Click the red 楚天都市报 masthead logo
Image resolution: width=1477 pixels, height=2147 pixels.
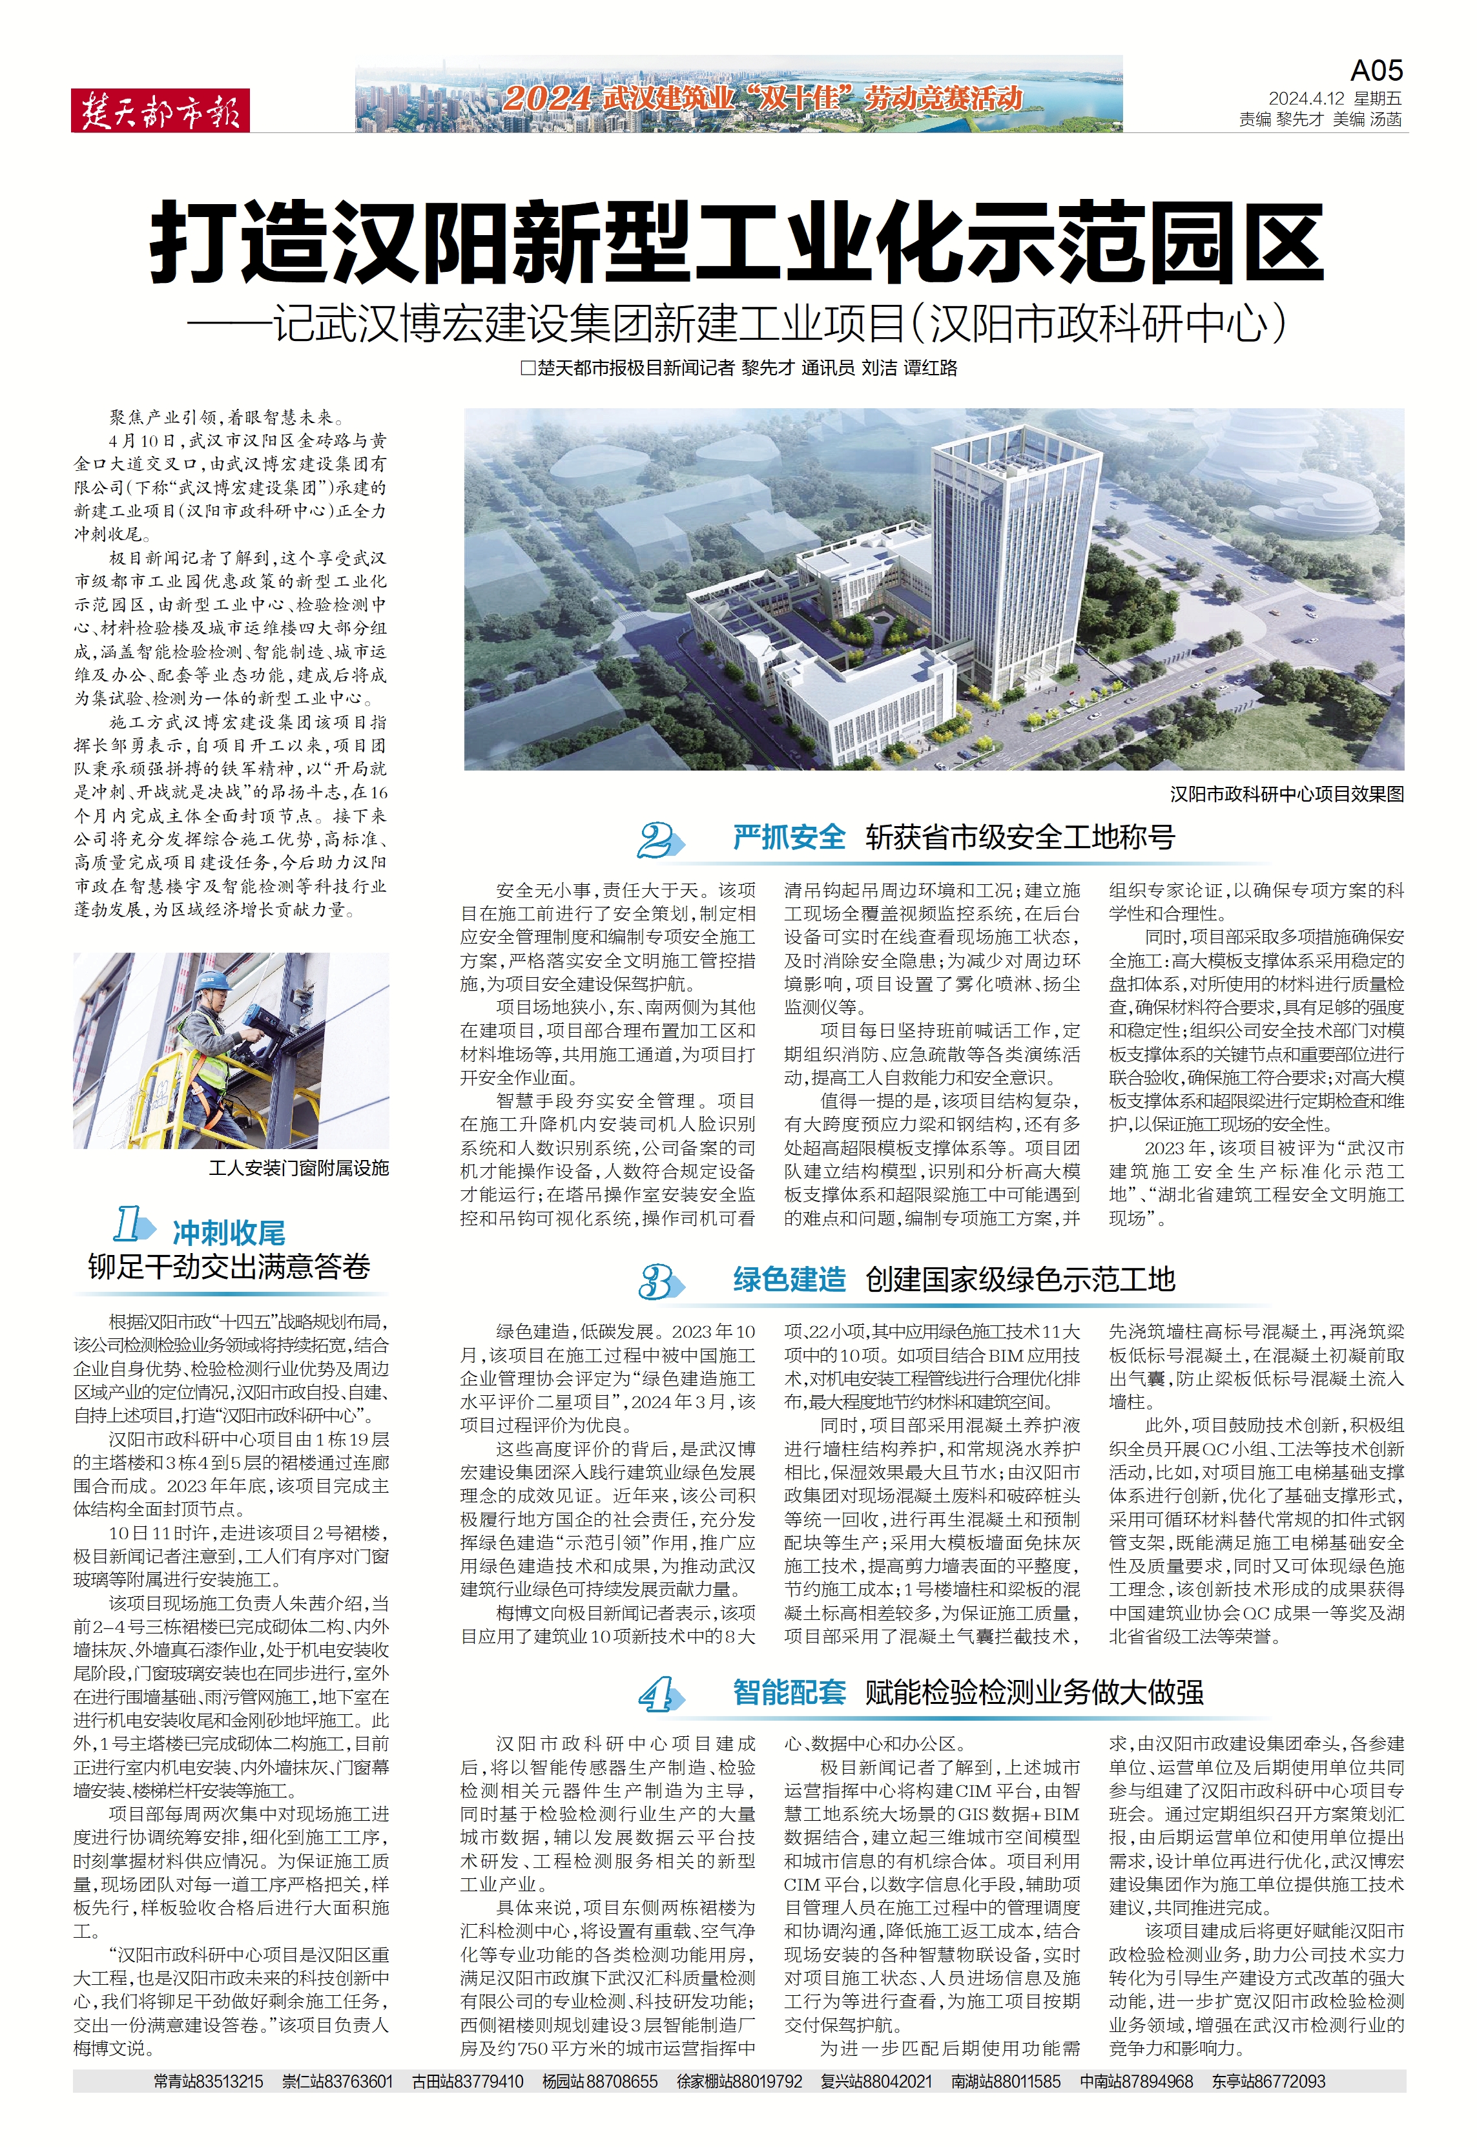(160, 111)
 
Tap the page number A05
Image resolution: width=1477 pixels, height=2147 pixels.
(1376, 71)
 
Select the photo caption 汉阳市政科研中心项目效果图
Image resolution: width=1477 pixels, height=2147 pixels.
(1286, 794)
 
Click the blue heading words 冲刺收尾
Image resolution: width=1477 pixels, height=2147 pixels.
(229, 1232)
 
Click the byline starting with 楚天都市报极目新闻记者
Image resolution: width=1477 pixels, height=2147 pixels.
(739, 368)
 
